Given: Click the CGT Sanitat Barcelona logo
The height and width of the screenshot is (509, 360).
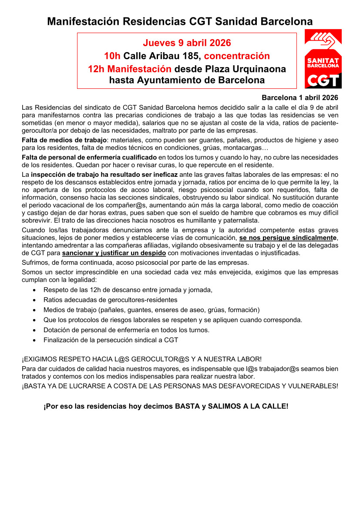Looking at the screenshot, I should pos(323,59).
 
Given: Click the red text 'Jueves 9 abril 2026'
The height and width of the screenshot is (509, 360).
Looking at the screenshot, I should pos(187,43).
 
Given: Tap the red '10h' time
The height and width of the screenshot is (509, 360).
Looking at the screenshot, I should pos(112,56).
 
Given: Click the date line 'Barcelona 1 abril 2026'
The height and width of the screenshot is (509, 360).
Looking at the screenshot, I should pos(299,98).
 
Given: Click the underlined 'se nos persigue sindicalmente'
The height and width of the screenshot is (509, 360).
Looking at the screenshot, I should pos(288,237).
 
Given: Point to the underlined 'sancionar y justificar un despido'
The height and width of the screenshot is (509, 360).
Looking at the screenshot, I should pos(114,253).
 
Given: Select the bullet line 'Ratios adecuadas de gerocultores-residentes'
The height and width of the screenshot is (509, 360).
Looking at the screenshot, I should pos(110,300).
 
